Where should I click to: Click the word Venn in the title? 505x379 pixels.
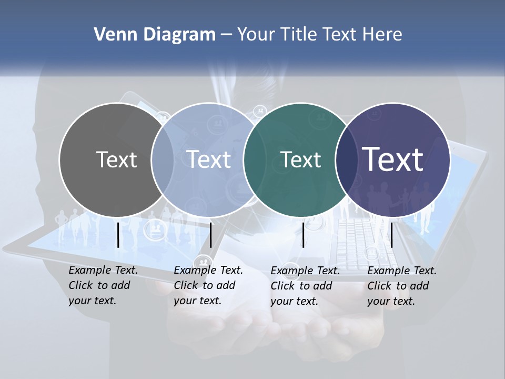tap(113, 35)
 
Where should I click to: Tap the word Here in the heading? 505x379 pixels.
tap(382, 35)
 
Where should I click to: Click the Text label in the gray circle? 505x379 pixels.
tap(116, 159)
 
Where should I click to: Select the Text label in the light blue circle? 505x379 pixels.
tap(209, 159)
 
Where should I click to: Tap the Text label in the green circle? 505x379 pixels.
tap(301, 159)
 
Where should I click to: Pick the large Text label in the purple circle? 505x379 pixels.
tap(393, 159)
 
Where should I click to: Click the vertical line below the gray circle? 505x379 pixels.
tap(118, 235)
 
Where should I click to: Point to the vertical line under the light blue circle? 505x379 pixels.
tap(210, 235)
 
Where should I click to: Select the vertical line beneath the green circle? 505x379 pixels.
tap(303, 235)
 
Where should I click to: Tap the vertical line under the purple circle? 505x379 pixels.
tap(392, 235)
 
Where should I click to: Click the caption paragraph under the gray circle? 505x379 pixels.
tap(103, 285)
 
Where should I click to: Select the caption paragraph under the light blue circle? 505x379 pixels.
tap(208, 285)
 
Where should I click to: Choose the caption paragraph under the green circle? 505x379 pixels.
tap(305, 286)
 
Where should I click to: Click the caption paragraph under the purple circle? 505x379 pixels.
tap(402, 286)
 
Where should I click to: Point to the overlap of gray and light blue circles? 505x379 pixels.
tap(163, 159)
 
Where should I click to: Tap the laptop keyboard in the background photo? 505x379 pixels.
tap(363, 240)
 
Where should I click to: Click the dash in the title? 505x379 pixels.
tap(226, 35)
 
